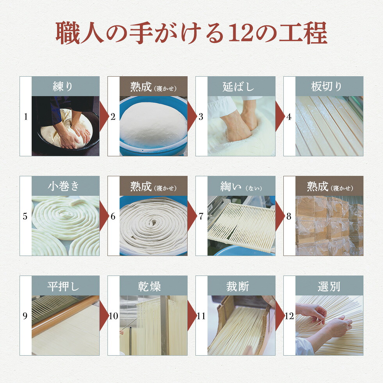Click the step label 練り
tap(63, 86)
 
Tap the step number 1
tap(26, 117)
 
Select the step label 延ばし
tap(238, 87)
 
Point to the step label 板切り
tap(326, 86)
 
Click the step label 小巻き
tap(63, 186)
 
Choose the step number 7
tap(201, 216)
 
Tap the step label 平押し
tap(63, 286)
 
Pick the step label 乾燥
tap(149, 286)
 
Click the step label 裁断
tap(238, 286)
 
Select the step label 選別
tap(329, 286)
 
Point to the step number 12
tap(289, 316)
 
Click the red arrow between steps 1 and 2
tap(104, 116)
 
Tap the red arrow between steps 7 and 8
tap(280, 216)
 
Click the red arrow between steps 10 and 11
tap(192, 316)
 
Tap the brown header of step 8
tap(329, 186)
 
